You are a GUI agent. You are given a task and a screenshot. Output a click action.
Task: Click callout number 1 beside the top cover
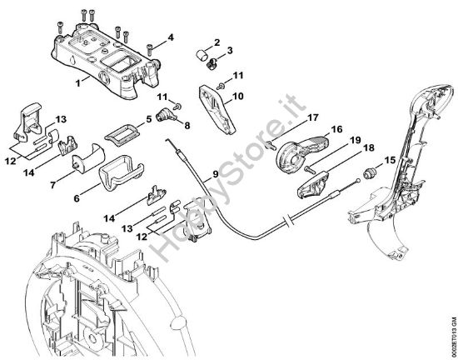(x=78, y=83)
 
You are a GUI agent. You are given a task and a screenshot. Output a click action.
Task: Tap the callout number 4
(x=171, y=37)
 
